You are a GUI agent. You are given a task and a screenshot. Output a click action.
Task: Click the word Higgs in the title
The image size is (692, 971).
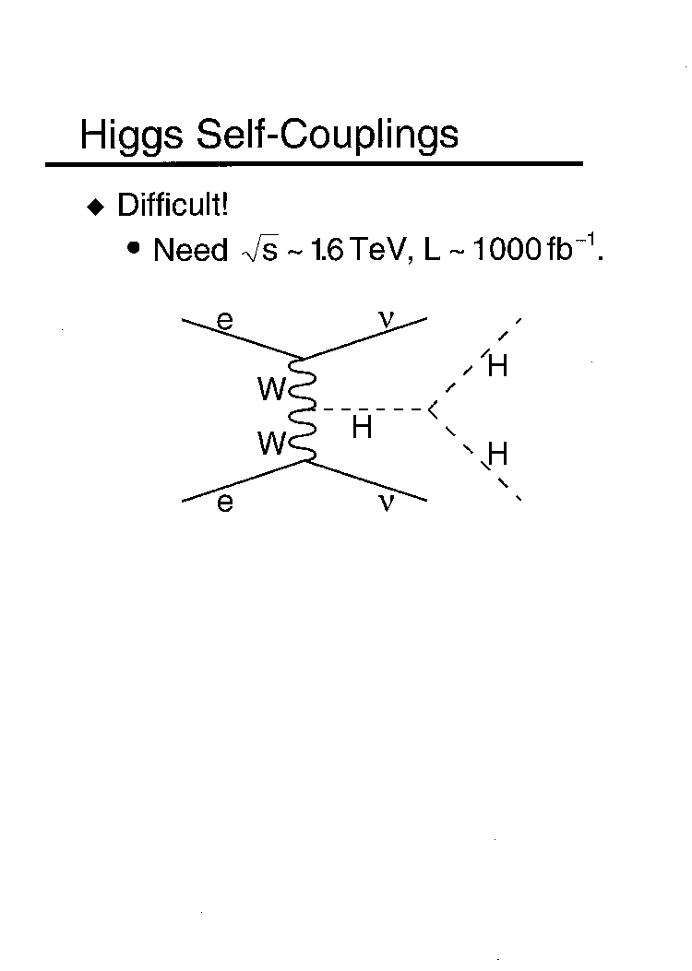131,135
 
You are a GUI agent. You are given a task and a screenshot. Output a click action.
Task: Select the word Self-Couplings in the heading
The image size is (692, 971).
328,135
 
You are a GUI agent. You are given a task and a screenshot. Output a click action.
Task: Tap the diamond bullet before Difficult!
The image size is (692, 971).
96,207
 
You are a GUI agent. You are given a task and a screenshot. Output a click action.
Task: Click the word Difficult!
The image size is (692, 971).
173,205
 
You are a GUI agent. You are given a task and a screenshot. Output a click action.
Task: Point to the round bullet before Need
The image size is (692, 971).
133,248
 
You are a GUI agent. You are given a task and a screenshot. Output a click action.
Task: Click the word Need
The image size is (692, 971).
191,250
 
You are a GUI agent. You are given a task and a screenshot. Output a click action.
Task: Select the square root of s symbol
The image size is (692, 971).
260,251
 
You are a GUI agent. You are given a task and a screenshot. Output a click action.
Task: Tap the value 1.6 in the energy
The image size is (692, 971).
328,250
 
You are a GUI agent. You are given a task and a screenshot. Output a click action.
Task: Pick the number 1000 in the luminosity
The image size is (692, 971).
507,250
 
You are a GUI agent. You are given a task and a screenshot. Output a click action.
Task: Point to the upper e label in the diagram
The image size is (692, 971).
225,321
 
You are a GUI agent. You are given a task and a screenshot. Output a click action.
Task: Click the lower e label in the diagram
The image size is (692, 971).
225,503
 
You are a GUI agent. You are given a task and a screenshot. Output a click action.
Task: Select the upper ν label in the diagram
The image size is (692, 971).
386,318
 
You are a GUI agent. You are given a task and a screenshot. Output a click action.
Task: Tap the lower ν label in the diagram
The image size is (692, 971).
386,502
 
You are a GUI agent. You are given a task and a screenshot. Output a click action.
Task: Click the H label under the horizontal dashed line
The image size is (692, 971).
362,427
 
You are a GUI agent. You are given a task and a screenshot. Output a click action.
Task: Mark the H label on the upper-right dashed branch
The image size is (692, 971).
497,366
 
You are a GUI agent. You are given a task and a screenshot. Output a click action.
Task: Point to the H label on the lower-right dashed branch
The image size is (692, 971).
497,454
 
